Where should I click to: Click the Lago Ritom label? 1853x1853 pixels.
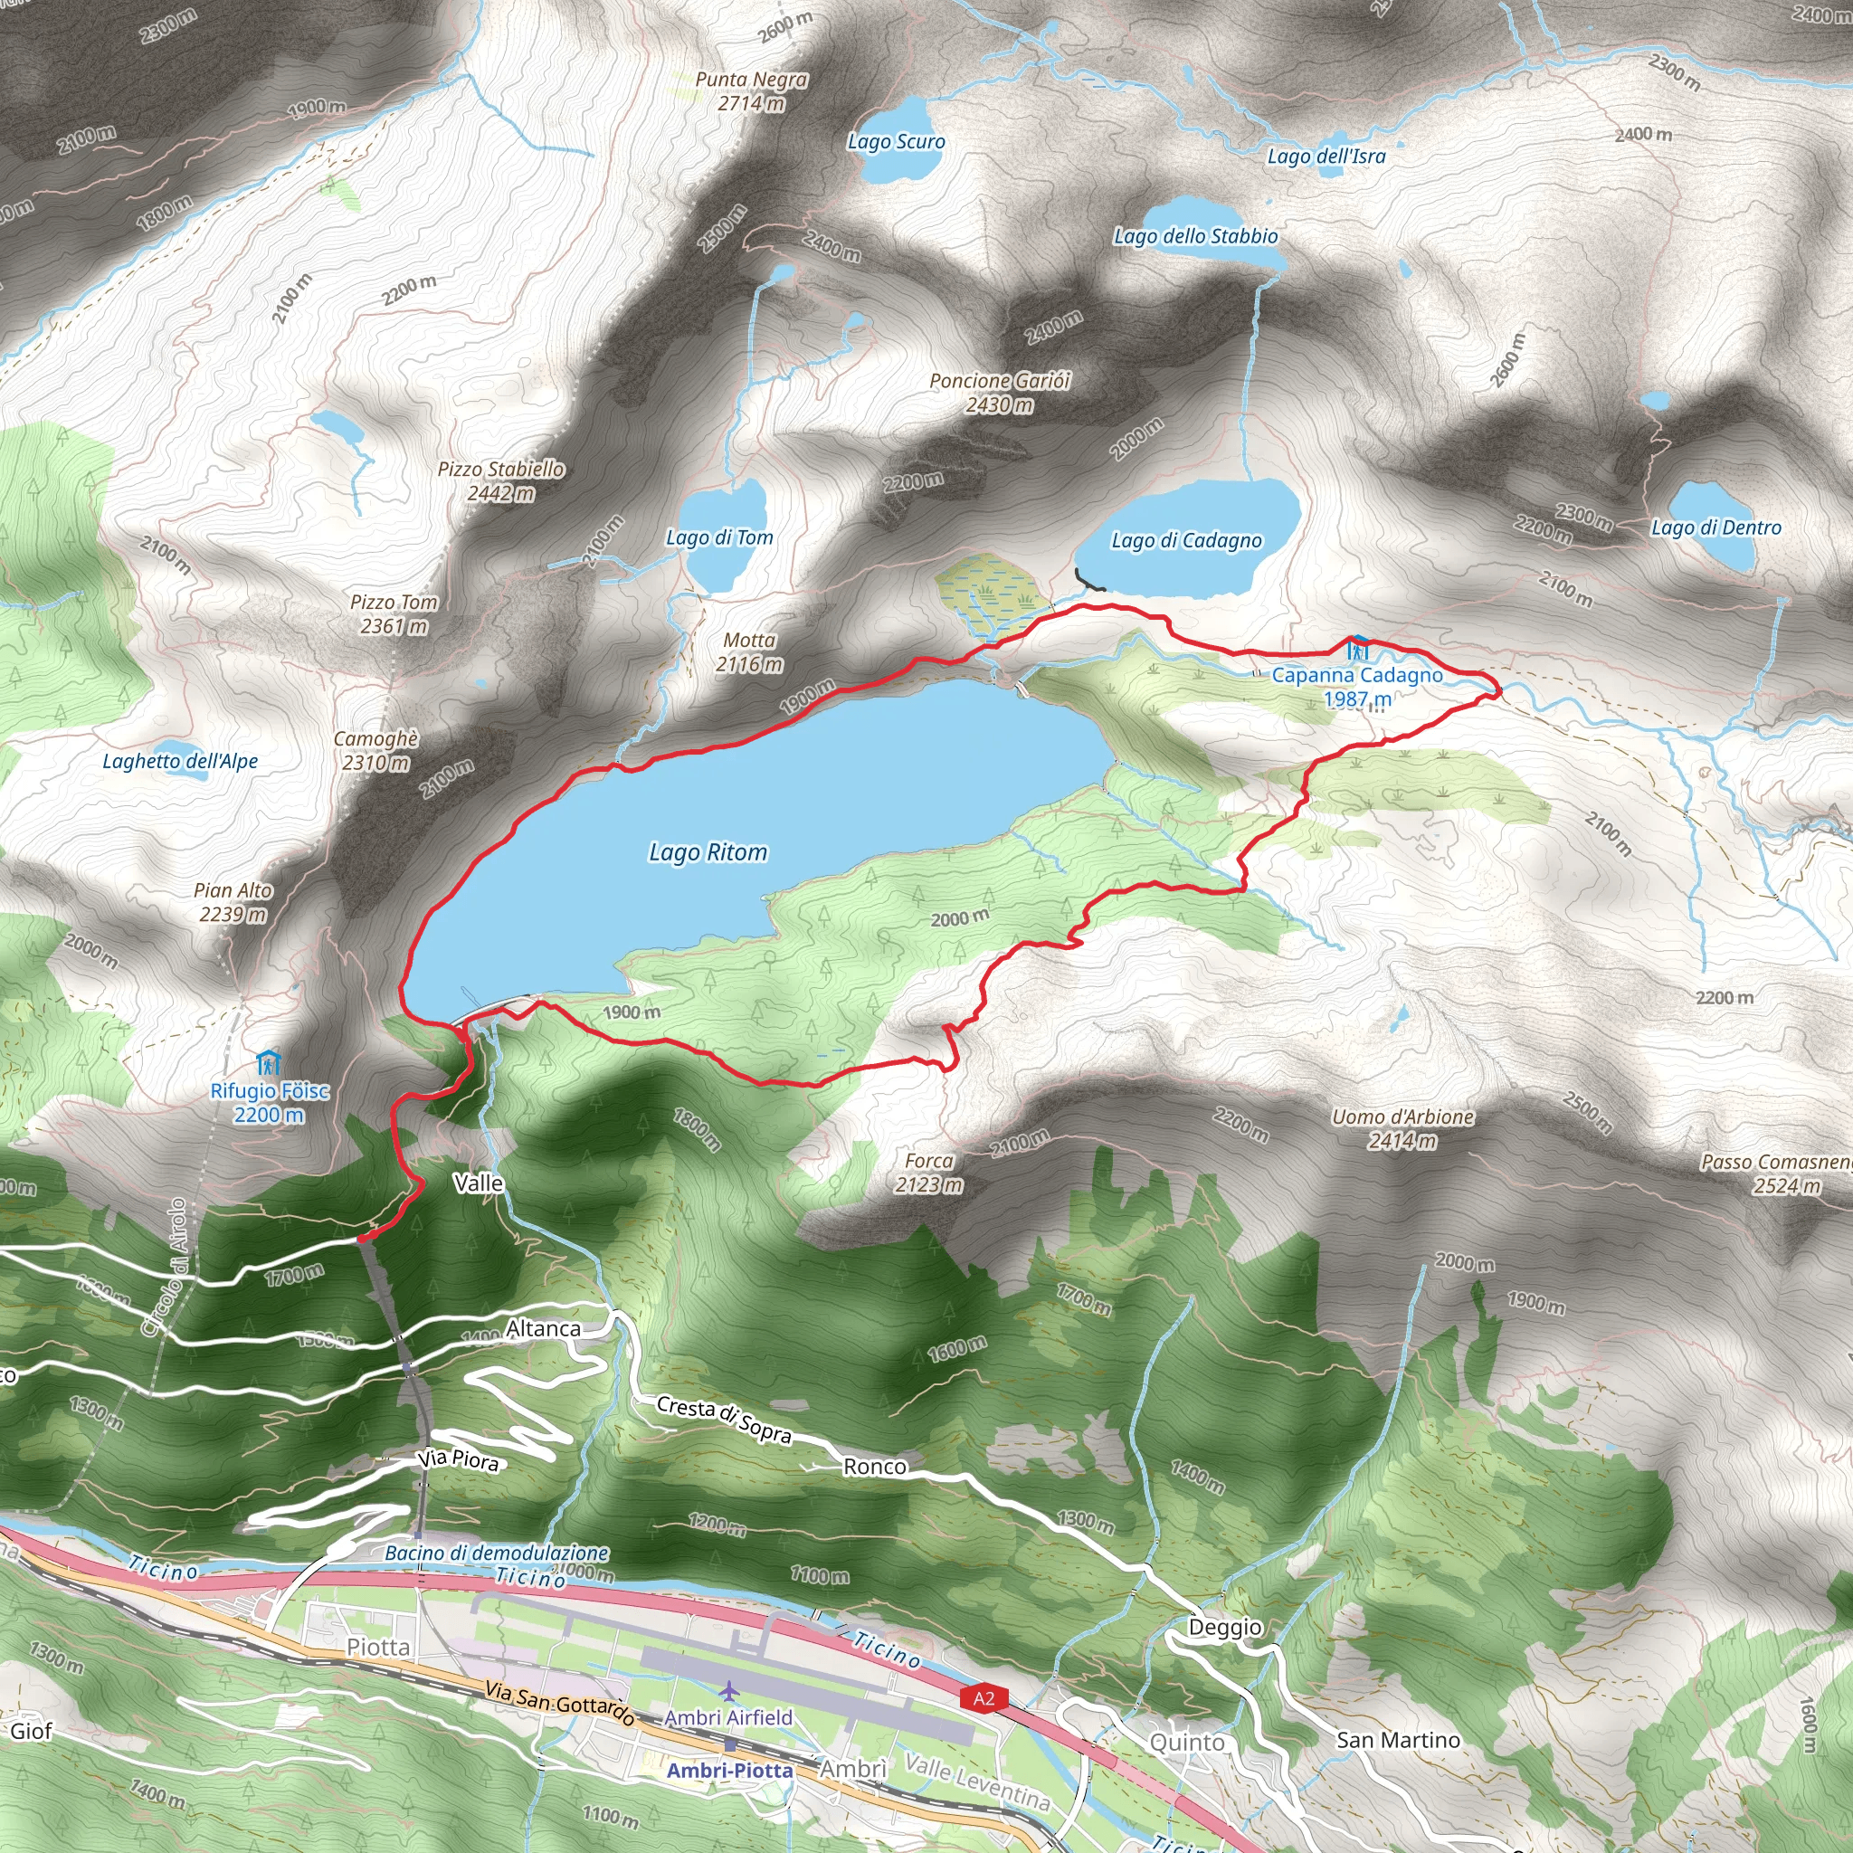(x=708, y=851)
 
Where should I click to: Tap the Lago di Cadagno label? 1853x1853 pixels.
(x=1186, y=541)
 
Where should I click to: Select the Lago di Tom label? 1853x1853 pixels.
(x=719, y=538)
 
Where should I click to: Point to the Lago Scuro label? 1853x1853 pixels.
(x=896, y=142)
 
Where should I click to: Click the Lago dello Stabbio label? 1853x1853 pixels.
(x=1195, y=236)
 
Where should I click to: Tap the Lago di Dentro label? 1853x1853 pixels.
(x=1715, y=527)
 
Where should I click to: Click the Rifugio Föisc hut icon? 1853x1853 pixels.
(x=269, y=1063)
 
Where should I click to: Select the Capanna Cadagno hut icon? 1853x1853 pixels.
(x=1358, y=649)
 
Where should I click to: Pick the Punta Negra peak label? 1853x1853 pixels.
(x=751, y=91)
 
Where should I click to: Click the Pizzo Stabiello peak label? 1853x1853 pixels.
(x=500, y=480)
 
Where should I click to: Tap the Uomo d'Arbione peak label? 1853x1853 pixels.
(x=1402, y=1128)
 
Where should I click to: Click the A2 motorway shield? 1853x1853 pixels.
(x=984, y=1698)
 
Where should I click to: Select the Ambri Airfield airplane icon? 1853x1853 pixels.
(x=730, y=1689)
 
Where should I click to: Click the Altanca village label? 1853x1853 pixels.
(x=543, y=1328)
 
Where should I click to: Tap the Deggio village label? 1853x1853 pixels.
(x=1225, y=1627)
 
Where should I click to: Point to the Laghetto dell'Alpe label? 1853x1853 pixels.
(x=180, y=762)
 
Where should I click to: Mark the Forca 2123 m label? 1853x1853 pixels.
(x=928, y=1173)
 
